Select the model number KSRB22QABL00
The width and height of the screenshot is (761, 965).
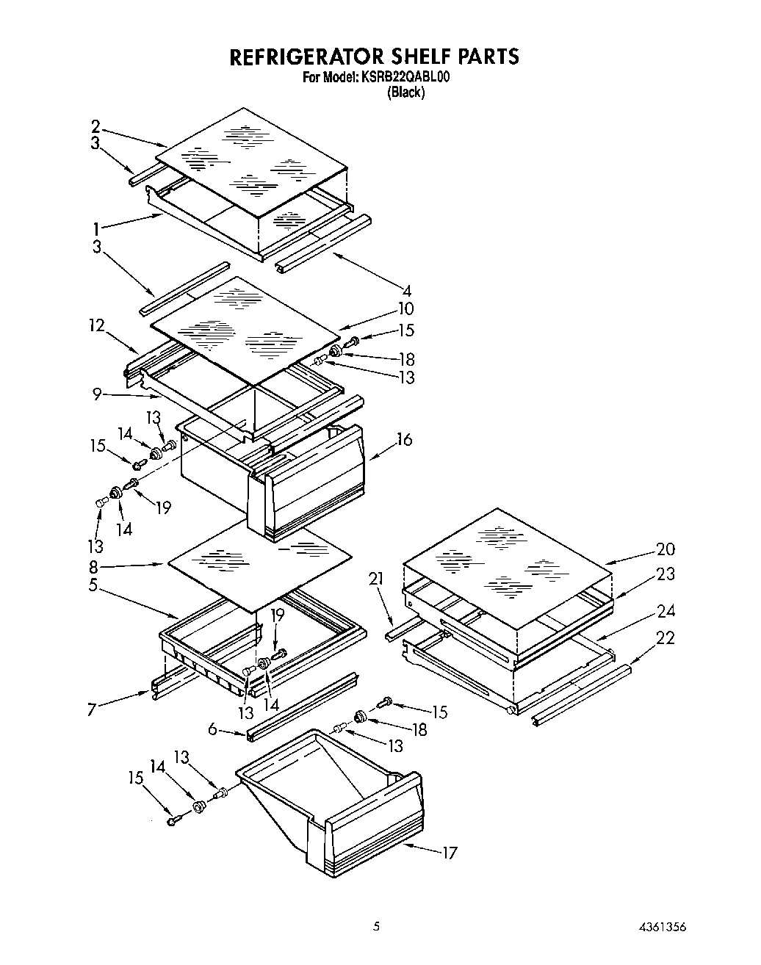pos(404,76)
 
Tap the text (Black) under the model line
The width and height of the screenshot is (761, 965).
pos(406,92)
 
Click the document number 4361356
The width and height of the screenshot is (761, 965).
pos(663,926)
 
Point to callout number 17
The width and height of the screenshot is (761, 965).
pos(449,853)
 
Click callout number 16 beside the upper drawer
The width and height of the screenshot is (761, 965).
pos(404,440)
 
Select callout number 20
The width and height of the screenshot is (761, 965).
pos(666,549)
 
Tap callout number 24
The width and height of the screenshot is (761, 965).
pos(666,611)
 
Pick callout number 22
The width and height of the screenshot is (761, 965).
pos(666,638)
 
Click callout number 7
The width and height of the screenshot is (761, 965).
pos(92,710)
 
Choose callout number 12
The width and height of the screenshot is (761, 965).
pos(97,325)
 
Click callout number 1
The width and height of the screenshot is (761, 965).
pos(96,228)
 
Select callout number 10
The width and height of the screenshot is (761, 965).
pos(405,308)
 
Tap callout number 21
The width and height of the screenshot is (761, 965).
pos(377,579)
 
